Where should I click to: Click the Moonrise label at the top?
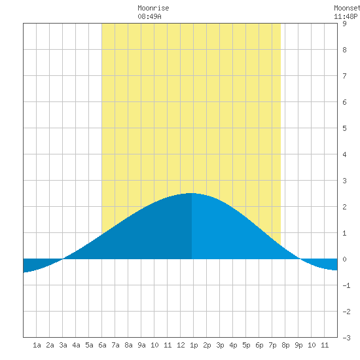tap(153, 8)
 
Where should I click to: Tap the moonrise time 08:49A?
tap(149, 16)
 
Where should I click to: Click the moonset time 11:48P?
tap(346, 16)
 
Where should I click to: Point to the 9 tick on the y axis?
tap(344, 24)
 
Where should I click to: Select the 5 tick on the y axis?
tap(344, 128)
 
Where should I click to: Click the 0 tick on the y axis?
tap(344, 259)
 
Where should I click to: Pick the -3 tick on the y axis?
tap(346, 338)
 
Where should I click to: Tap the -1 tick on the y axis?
tap(346, 285)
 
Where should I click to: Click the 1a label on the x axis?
tap(37, 345)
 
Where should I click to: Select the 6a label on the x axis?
tap(102, 345)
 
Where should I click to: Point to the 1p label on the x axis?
tap(194, 345)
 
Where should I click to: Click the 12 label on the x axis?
tap(181, 345)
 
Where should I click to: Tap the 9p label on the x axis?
tap(298, 345)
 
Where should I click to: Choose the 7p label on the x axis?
tap(272, 345)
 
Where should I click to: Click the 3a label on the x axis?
tap(63, 345)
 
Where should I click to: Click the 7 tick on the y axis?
tap(344, 76)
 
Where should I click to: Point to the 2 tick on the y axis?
tap(344, 207)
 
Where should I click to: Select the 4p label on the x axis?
tap(233, 345)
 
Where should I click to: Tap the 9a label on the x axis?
tap(141, 345)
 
